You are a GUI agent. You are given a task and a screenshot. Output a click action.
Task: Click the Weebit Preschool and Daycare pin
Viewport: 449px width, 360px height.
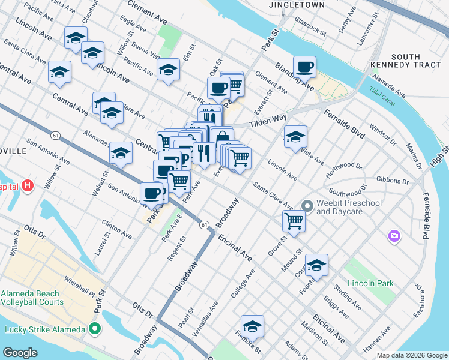tap(307, 206)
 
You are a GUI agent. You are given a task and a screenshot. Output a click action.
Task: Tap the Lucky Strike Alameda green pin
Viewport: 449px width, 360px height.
tap(95, 329)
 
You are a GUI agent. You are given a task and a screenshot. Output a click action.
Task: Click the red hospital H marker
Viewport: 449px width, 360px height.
tap(27, 186)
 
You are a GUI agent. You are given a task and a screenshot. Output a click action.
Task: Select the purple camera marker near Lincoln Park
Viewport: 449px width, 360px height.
tap(394, 235)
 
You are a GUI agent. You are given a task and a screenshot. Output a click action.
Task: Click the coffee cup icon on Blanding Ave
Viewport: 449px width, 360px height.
tap(305, 67)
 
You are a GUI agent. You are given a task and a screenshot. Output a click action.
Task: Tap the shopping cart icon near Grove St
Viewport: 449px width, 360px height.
tap(294, 220)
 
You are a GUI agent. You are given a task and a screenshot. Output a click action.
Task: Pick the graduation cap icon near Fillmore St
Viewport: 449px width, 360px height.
tap(253, 326)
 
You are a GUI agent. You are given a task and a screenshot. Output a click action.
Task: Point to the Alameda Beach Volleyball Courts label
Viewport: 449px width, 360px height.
tap(31, 298)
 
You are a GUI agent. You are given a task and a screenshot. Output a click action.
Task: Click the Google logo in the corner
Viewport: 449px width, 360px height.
tap(21, 353)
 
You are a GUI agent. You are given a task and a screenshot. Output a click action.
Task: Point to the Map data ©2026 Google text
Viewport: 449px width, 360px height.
tap(411, 355)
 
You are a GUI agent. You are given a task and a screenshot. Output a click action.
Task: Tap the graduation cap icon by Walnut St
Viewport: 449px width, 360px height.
tap(121, 154)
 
